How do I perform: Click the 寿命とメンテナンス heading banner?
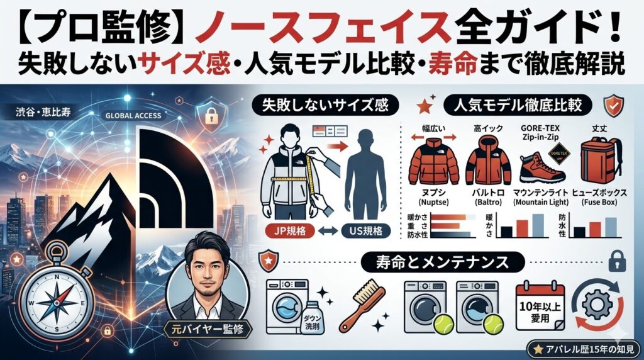click(x=438, y=260)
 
